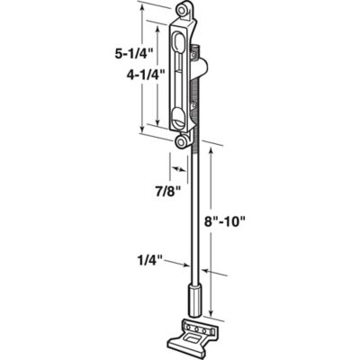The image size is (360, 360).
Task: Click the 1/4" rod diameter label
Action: (149, 261)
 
